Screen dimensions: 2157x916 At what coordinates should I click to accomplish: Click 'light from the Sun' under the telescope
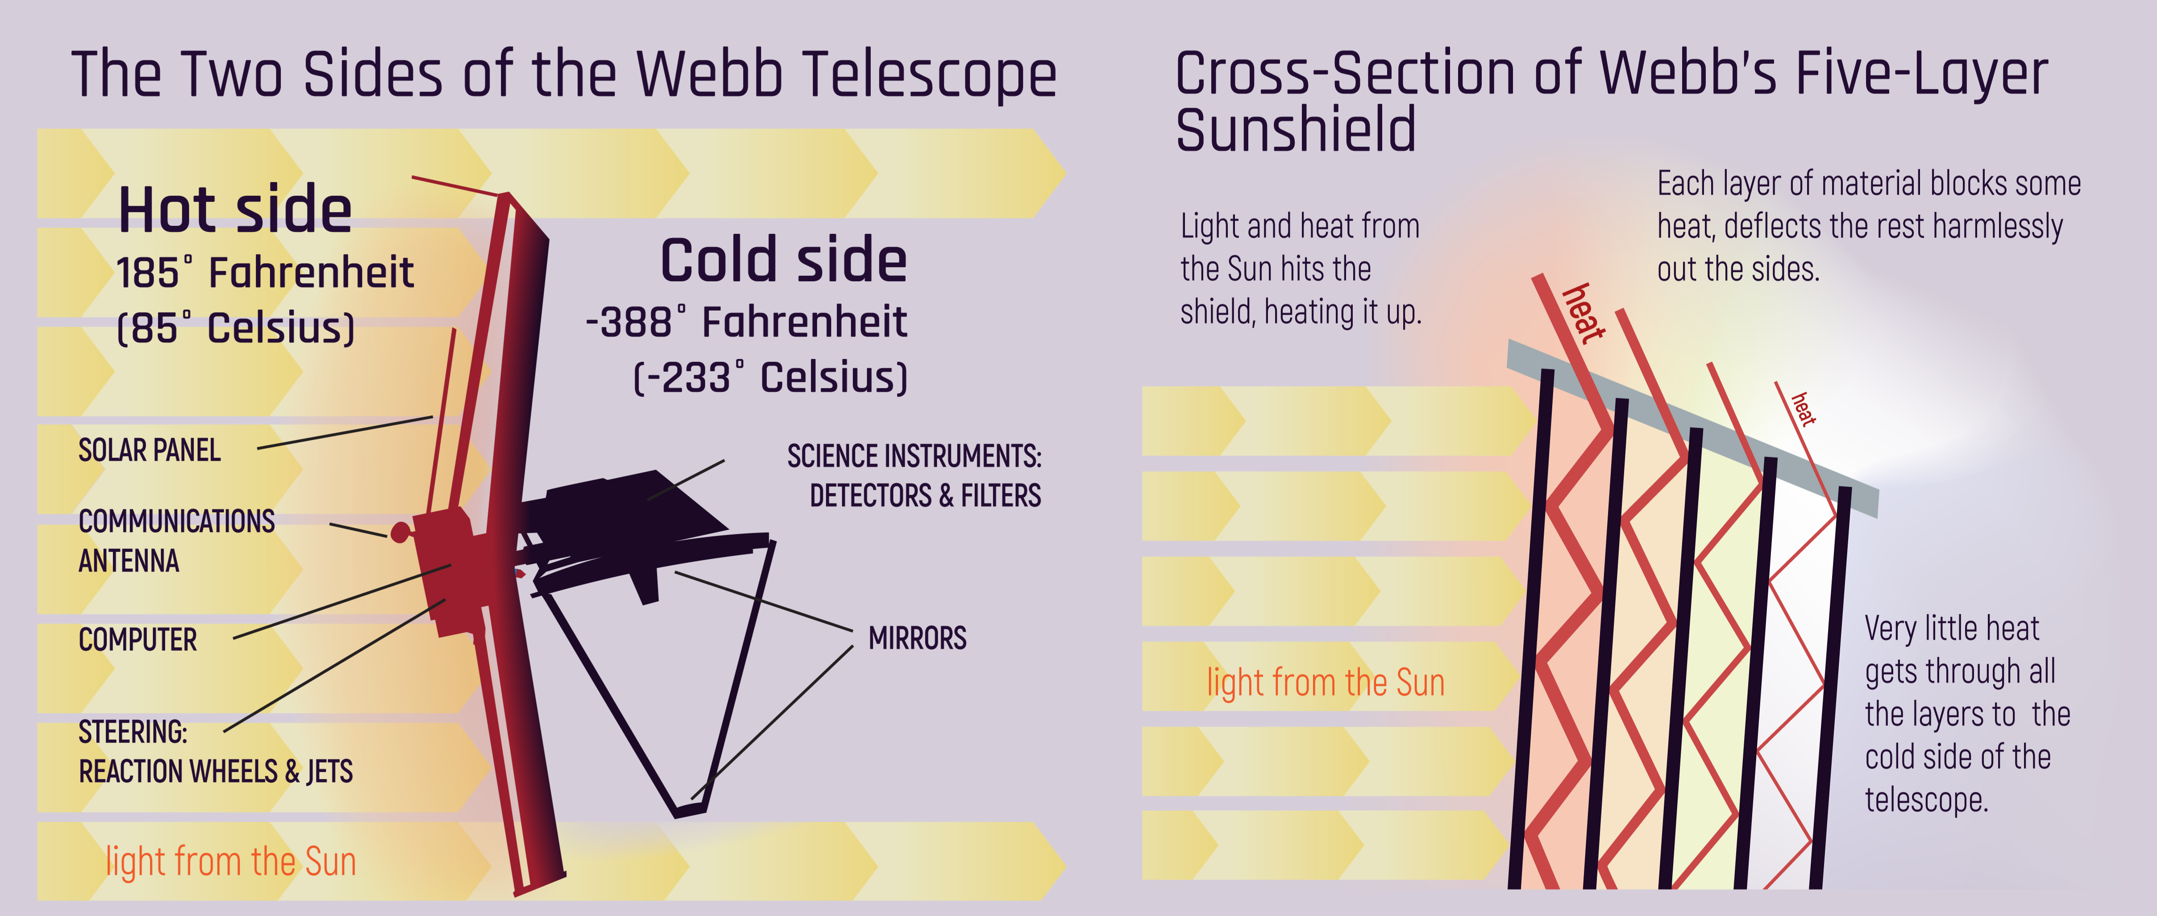coord(231,862)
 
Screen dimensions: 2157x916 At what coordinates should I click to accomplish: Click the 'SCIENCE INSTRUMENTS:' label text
coord(914,456)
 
